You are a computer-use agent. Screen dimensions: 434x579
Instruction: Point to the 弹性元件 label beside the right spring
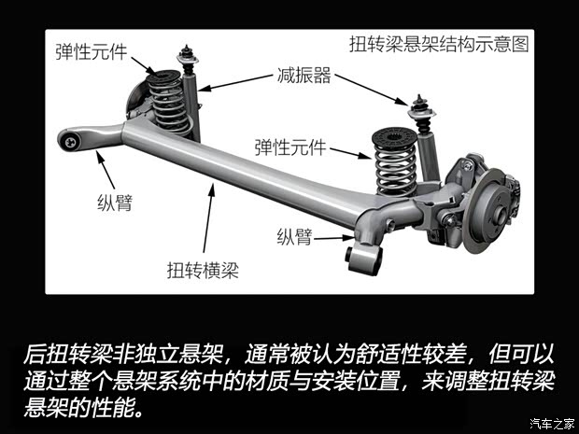[289, 147]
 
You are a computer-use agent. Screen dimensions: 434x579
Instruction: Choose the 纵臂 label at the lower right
[295, 235]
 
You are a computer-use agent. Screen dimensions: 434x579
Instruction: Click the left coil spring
[170, 103]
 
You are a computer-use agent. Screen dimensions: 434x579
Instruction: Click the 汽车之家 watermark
[551, 425]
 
